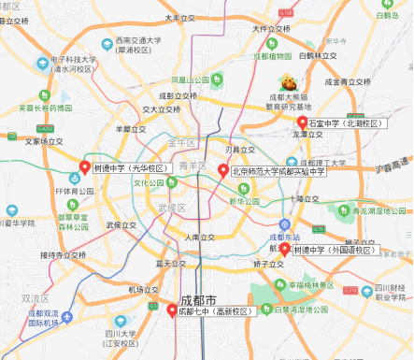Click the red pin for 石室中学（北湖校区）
pos(302,123)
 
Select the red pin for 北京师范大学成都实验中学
pos(222,170)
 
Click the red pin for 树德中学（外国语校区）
pos(284,250)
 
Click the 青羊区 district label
pos(191,166)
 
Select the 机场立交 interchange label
pos(143,290)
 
